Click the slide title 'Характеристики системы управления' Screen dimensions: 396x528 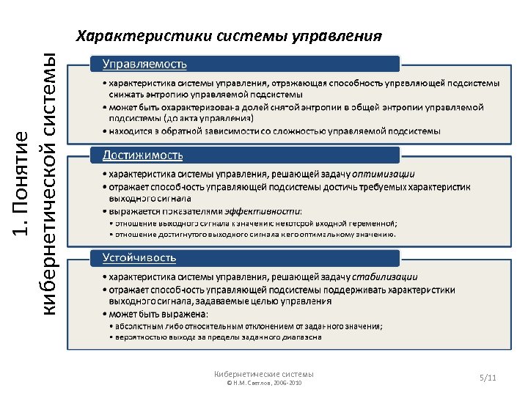[230, 36]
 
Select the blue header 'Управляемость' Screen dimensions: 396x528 [144, 64]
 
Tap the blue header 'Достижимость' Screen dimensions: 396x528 [143, 155]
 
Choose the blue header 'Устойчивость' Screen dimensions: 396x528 [139, 257]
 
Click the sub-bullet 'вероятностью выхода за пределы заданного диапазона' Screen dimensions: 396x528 [215, 337]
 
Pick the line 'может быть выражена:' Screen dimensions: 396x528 [155, 314]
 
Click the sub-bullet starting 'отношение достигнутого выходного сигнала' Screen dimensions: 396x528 [252, 235]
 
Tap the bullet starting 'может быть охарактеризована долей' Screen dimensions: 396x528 [293, 107]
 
